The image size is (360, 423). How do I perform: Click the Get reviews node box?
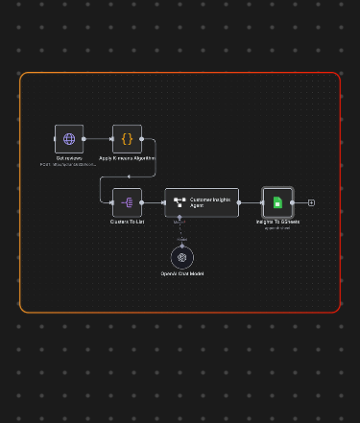[68, 139]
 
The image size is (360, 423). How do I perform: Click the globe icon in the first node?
[68, 139]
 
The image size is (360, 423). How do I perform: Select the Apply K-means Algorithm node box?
[127, 139]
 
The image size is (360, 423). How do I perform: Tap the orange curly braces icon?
[127, 139]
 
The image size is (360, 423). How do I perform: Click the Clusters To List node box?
[127, 202]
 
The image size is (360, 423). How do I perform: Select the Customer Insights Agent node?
[202, 202]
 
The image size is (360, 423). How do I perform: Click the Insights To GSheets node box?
[276, 202]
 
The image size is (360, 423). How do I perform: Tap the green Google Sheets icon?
[276, 202]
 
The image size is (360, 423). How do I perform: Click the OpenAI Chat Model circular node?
[181, 257]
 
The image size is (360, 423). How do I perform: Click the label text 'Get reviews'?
[68, 158]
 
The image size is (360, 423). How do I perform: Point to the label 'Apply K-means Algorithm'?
[127, 158]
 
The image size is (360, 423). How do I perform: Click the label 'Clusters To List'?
[127, 222]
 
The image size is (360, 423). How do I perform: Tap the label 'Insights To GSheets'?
[276, 222]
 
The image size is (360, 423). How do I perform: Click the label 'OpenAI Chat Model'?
[181, 274]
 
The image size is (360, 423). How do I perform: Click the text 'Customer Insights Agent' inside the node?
[210, 201]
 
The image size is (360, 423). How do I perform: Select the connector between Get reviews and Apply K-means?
[98, 139]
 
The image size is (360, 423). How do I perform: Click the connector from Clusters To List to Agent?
[154, 202]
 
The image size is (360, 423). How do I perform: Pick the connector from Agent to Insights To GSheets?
[251, 202]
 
